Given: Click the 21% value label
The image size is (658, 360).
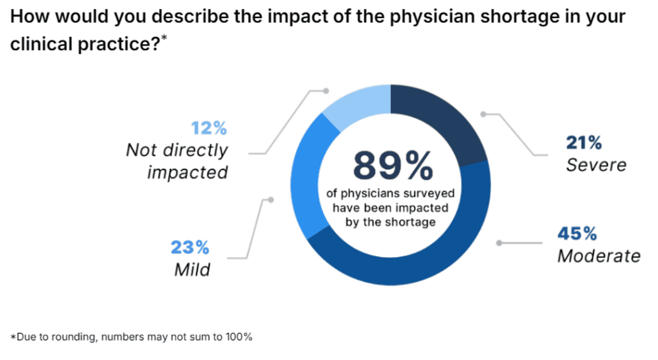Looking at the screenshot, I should click(584, 143).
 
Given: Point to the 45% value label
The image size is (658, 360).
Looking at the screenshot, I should click(577, 233).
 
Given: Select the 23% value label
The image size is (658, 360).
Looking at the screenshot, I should click(190, 247).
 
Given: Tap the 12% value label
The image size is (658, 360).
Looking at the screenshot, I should click(209, 129).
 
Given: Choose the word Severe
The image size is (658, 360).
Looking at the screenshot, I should click(596, 165).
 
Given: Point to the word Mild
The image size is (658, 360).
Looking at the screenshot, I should click(192, 269).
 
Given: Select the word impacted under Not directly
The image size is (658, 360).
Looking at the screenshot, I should click(187, 172).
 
